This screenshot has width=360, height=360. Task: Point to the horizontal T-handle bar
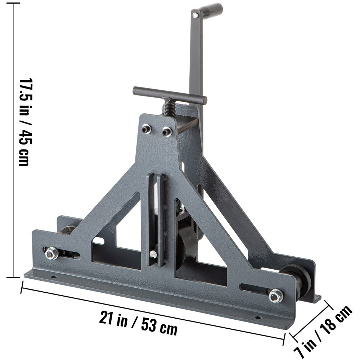click(x=170, y=95)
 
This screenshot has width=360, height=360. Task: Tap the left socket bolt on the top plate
click(x=146, y=129)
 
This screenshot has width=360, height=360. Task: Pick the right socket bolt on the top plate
click(x=166, y=131)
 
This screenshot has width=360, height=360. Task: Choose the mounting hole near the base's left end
click(x=54, y=278)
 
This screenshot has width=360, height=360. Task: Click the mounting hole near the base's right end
click(x=258, y=318)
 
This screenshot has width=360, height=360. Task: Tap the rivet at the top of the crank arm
click(x=195, y=15)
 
